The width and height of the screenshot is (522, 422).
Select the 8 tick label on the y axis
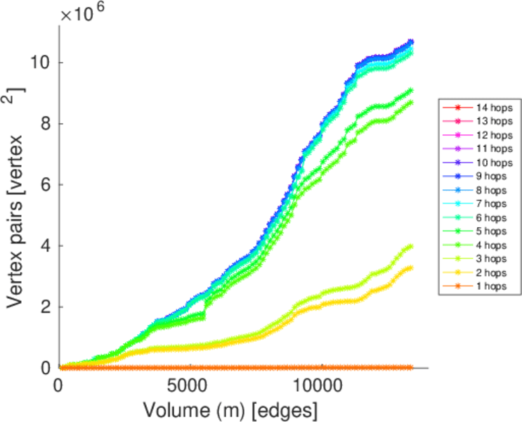pos(44,124)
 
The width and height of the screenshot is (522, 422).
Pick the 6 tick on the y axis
pos(44,185)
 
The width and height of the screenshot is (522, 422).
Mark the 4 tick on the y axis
pos(44,246)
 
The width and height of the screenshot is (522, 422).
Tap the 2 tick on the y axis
pos(44,307)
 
